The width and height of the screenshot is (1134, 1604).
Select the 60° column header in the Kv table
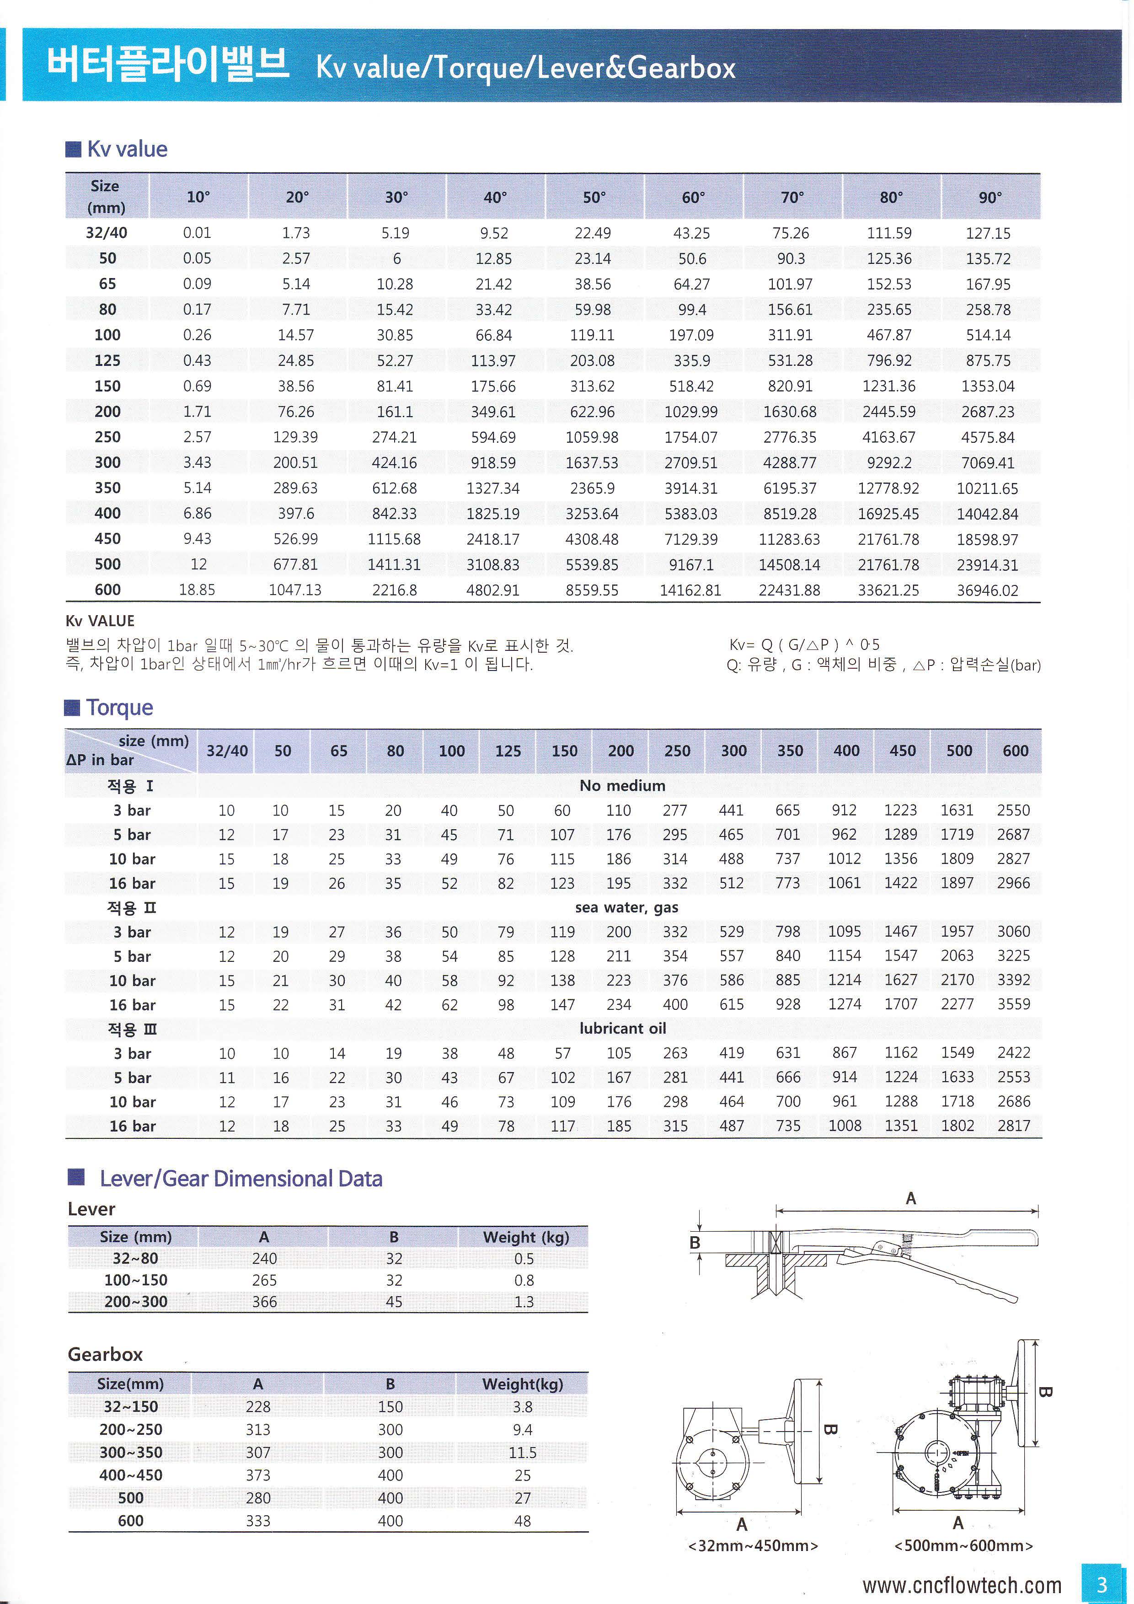coord(693,198)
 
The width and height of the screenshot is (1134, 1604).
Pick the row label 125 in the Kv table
coord(107,360)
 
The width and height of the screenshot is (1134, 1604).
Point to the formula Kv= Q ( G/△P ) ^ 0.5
coord(804,644)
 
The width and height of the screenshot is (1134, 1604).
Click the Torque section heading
coord(119,708)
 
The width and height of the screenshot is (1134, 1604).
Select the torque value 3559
coord(1013,1004)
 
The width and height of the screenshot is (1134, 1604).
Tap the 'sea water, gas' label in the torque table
coord(626,907)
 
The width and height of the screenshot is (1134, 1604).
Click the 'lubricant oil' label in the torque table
coord(622,1028)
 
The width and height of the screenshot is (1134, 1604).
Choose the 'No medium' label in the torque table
coord(622,786)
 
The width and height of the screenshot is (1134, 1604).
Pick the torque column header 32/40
coord(227,751)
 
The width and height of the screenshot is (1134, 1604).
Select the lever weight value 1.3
coord(524,1302)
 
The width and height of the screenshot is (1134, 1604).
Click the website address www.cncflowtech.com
coord(962,1585)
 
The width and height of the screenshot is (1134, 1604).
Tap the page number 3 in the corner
coord(1102,1584)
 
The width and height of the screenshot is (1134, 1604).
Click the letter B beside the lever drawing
coord(694,1242)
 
